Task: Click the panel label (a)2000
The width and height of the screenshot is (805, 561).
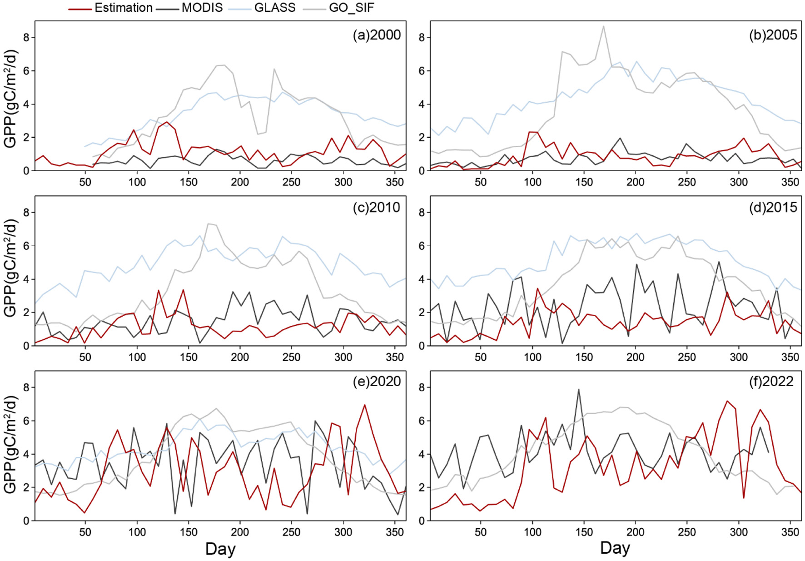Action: click(x=377, y=35)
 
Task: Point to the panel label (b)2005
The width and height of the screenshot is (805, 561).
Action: click(x=773, y=35)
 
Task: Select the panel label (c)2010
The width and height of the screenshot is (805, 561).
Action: click(x=377, y=208)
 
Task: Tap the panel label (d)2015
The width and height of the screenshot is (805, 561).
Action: click(x=773, y=208)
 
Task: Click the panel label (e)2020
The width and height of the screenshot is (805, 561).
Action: click(x=377, y=381)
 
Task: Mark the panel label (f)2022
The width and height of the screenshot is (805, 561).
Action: click(x=771, y=381)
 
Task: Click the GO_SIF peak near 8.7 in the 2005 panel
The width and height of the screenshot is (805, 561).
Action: click(x=603, y=26)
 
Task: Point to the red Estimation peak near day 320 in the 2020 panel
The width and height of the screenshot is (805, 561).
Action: click(x=364, y=405)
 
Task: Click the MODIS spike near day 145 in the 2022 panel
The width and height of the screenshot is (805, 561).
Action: click(x=578, y=390)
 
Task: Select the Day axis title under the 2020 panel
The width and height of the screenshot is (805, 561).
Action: click(x=220, y=549)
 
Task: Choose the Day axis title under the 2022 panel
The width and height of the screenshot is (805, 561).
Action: click(x=615, y=548)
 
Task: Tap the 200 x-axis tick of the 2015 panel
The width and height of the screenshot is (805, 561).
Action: click(x=635, y=357)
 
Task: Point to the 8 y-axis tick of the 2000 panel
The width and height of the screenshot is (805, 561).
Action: click(x=26, y=37)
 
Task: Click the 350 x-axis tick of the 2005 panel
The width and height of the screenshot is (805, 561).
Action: click(x=790, y=182)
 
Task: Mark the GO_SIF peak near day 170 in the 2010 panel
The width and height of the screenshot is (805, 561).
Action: click(x=209, y=224)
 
